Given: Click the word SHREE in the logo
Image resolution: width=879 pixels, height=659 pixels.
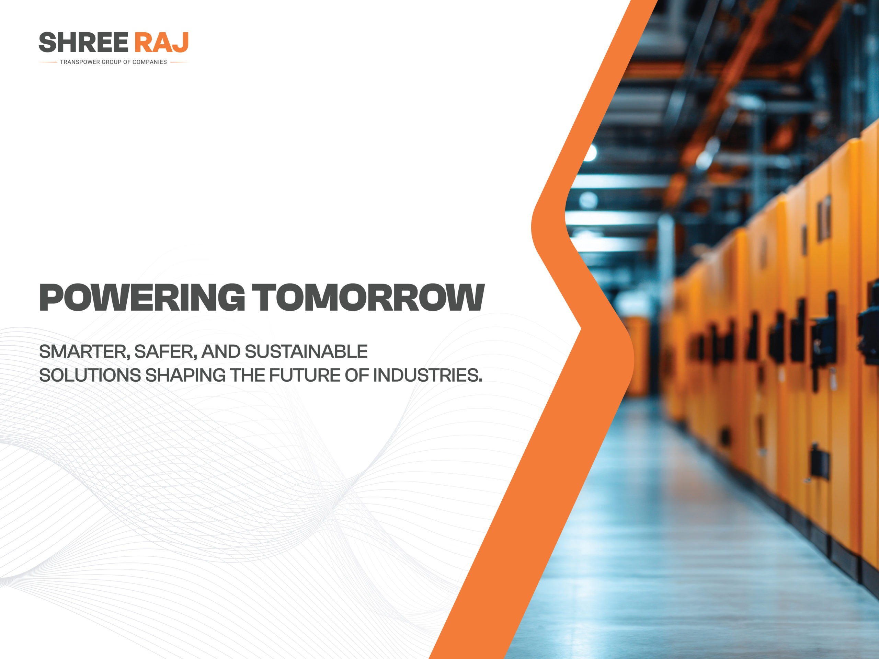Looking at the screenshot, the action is [83, 43].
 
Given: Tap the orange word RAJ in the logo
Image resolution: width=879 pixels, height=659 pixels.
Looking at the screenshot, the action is [161, 43].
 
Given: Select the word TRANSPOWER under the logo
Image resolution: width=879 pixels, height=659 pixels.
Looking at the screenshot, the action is [80, 62].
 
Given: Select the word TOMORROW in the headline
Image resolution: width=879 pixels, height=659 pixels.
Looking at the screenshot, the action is [368, 298].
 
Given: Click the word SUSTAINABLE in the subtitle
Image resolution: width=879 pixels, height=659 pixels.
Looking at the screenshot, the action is [306, 352].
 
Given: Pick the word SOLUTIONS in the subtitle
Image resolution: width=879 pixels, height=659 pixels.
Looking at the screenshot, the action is [90, 375].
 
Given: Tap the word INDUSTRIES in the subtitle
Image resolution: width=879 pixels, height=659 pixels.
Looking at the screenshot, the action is [427, 375].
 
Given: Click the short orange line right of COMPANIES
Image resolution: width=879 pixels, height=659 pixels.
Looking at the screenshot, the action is [179, 62].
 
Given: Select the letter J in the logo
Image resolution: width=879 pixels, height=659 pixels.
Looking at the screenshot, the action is [181, 43].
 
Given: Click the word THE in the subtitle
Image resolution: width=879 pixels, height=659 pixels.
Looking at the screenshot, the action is [248, 375].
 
